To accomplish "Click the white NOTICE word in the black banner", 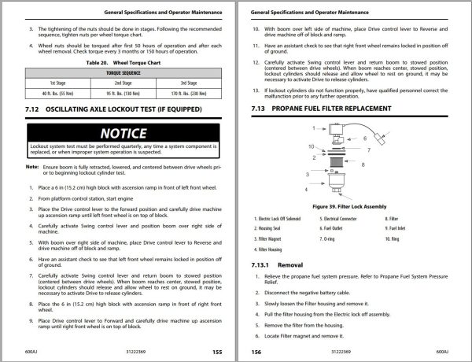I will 124,135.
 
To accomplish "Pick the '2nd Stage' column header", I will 124,82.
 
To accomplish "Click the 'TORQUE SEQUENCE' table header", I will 124,71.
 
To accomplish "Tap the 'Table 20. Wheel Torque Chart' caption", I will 124,61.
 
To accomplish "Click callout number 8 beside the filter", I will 363,164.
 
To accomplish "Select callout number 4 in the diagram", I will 306,190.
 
